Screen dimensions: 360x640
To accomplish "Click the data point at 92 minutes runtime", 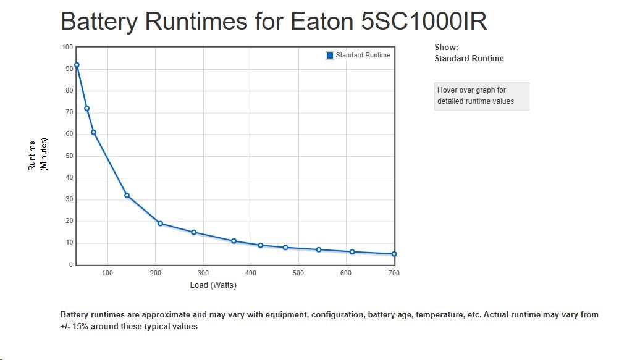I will tap(77, 65).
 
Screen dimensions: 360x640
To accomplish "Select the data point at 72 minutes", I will tap(86, 108).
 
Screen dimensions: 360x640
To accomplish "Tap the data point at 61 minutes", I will tap(93, 132).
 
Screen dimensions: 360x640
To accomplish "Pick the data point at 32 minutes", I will tap(127, 195).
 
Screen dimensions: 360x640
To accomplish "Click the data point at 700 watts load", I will tap(394, 254).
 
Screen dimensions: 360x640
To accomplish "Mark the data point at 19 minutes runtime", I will tap(160, 224).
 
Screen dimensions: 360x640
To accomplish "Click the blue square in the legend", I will tap(330, 56).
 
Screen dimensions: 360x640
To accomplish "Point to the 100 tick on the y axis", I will tap(67, 48).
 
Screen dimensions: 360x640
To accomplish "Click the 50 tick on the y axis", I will tap(69, 156).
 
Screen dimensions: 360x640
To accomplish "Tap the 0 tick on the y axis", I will tap(70, 265).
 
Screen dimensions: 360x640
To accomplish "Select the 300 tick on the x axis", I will tap(203, 273).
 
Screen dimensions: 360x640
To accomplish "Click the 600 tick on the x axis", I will tap(346, 273).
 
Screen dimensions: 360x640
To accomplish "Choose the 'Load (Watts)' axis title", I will tap(213, 285).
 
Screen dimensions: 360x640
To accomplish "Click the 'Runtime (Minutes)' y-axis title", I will tap(38, 155).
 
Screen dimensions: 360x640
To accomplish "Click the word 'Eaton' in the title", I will tap(321, 22).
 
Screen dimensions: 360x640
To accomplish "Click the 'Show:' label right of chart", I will tap(446, 47).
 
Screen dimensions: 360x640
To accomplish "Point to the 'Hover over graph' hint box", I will tap(481, 96).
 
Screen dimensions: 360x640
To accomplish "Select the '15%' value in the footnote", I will tap(81, 327).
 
